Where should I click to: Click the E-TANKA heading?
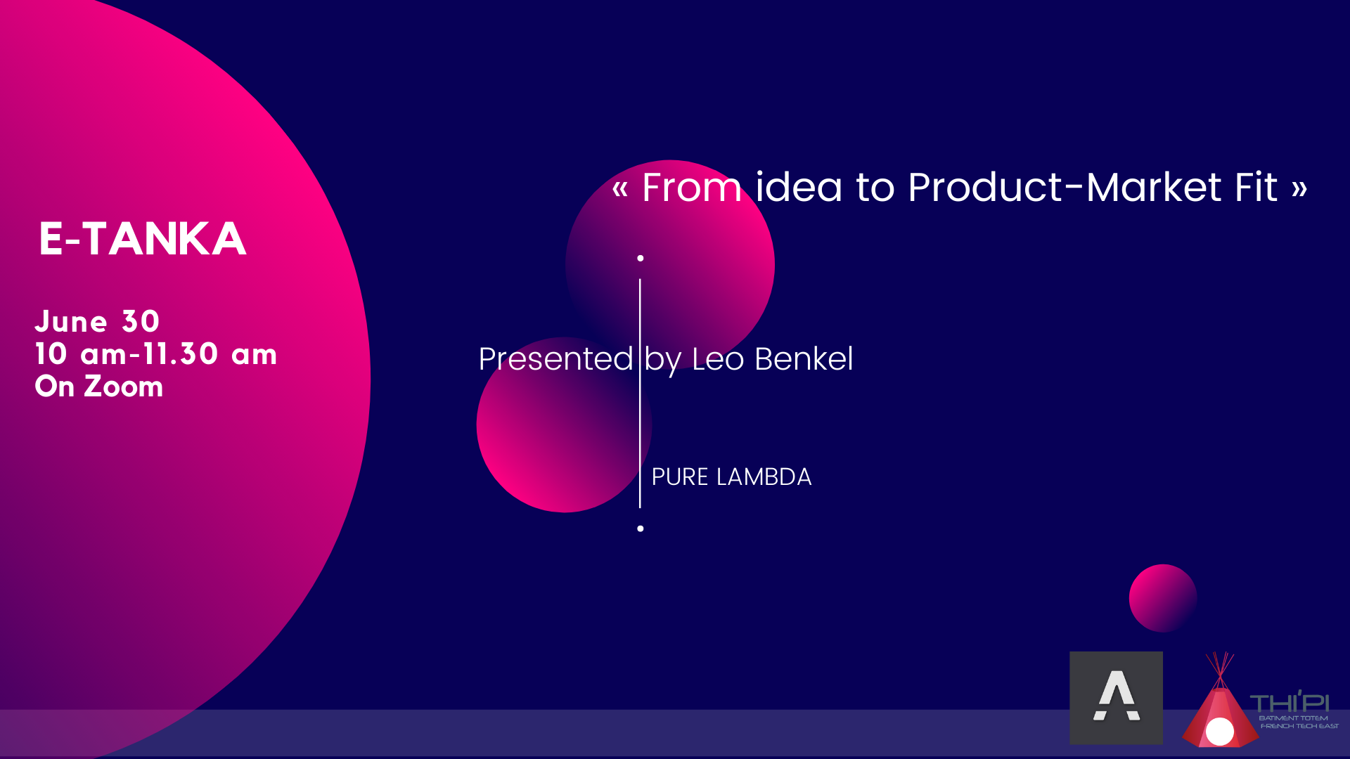[x=143, y=239]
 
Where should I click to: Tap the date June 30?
[x=98, y=321]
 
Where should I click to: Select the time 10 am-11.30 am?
[x=156, y=353]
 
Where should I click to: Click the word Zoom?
[x=124, y=387]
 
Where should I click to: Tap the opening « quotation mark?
[x=619, y=188]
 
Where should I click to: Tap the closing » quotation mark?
[x=1299, y=188]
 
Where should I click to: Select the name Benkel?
[x=804, y=359]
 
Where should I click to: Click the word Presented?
[x=555, y=359]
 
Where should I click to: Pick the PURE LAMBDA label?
[x=731, y=477]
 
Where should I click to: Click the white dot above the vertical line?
[x=641, y=259]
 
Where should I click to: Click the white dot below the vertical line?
[x=641, y=528]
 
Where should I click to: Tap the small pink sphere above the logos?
[x=1163, y=598]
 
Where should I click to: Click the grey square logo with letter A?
[x=1117, y=698]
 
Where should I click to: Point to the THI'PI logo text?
[x=1290, y=703]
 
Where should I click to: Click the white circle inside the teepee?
[x=1220, y=732]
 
